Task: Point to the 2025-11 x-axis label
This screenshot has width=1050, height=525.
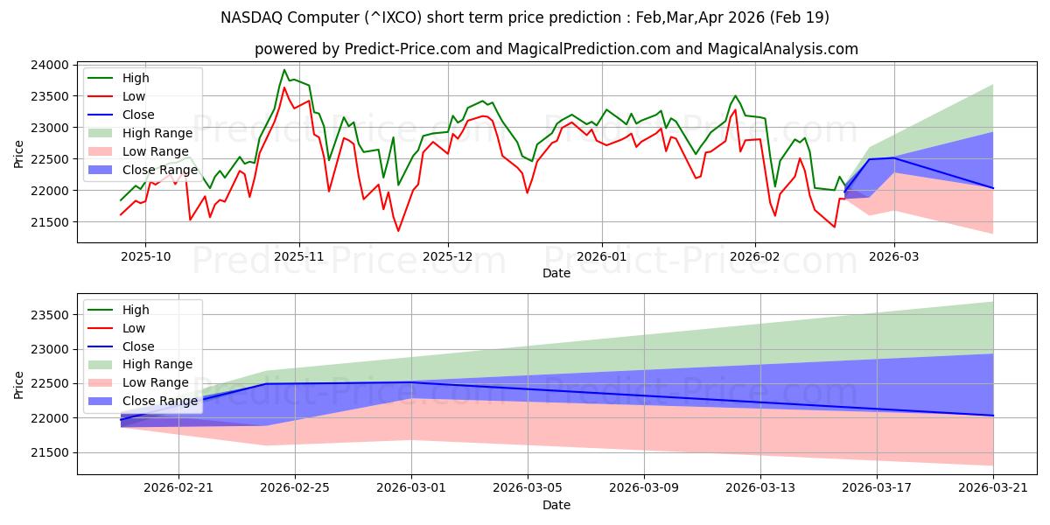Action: [x=299, y=255]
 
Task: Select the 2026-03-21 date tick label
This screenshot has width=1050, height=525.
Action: [x=993, y=488]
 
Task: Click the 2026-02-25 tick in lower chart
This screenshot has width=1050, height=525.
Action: [x=295, y=488]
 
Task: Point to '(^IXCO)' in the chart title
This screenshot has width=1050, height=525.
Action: [x=420, y=17]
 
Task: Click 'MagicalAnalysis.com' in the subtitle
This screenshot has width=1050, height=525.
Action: [x=784, y=49]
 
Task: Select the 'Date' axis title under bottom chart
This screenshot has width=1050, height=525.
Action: [x=556, y=505]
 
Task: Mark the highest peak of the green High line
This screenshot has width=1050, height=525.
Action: [x=284, y=70]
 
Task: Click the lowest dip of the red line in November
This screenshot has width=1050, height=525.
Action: [x=398, y=231]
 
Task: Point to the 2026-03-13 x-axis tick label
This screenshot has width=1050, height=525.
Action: [x=760, y=488]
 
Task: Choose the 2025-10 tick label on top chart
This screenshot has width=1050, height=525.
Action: [x=145, y=255]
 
